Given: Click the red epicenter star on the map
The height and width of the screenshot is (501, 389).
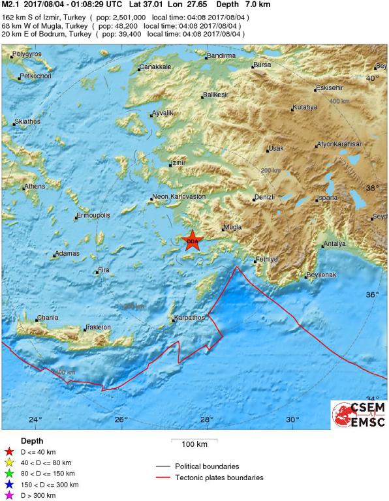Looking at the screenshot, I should click(192, 241).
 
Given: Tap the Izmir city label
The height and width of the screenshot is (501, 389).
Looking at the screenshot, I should click(178, 162).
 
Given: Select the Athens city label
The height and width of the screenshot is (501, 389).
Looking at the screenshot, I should click(33, 187).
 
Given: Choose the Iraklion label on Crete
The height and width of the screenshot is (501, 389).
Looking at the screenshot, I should click(98, 327).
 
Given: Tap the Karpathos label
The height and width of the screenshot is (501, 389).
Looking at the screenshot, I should click(189, 318).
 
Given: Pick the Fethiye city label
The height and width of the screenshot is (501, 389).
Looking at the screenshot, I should click(266, 259).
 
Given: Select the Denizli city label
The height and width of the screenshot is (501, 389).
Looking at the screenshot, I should click(265, 197).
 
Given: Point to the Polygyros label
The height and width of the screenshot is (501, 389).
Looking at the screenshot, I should click(27, 53).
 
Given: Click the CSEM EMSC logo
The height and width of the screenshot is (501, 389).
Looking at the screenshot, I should click(358, 416).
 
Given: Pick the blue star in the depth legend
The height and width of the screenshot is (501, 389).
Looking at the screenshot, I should click(9, 485).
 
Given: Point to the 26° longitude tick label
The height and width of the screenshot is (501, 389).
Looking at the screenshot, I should click(121, 419).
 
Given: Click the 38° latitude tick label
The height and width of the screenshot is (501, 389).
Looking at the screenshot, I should click(372, 187).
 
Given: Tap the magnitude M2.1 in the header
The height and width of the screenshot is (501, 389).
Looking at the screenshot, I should click(11, 5).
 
